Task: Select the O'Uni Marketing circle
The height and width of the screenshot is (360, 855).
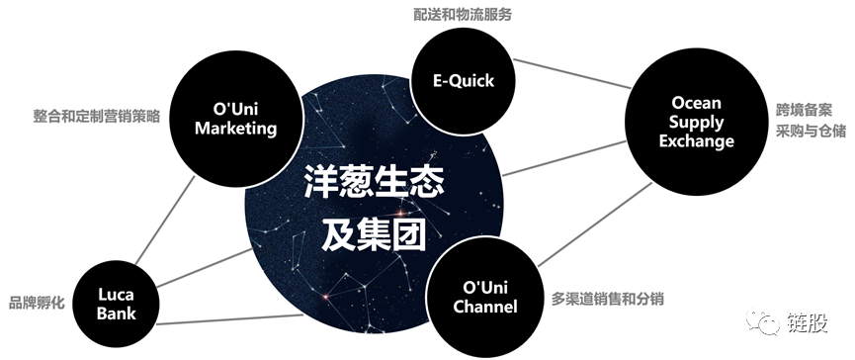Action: [234, 118]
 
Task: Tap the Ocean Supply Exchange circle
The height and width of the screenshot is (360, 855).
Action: [697, 123]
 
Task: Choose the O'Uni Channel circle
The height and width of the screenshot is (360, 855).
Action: [484, 296]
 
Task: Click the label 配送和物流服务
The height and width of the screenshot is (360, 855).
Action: [463, 15]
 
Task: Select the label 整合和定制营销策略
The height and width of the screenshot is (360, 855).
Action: [95, 115]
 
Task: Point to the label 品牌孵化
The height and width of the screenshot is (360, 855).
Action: [37, 303]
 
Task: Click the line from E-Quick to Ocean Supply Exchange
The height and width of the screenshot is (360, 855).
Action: [573, 74]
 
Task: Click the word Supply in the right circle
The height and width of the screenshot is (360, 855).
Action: [697, 123]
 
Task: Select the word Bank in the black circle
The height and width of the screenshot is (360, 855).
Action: [117, 314]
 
